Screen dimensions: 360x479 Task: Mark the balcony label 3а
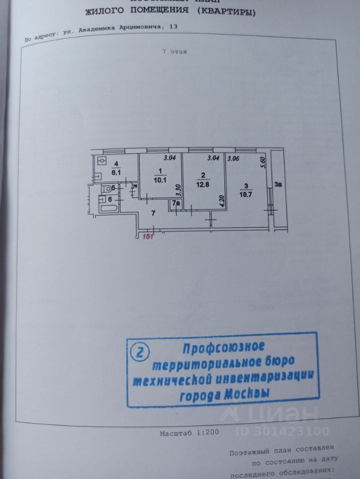pos(278,185)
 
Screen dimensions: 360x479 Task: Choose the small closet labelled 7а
pos(176,204)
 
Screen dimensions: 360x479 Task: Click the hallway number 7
pos(154,214)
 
